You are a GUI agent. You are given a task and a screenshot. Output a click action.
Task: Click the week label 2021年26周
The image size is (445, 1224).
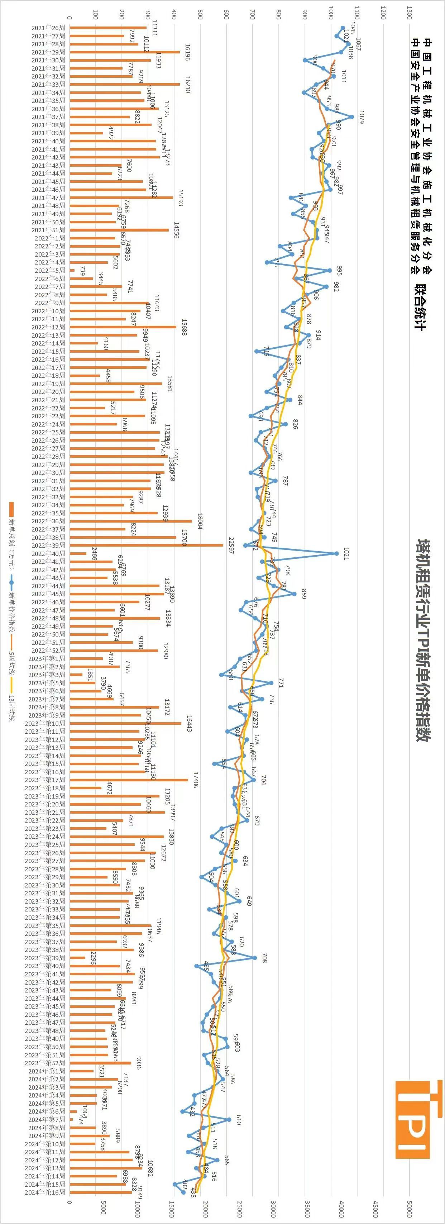(x=48, y=28)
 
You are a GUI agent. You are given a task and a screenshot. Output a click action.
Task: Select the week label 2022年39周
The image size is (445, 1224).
(x=48, y=546)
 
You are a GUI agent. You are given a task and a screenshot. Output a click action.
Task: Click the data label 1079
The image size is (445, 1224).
(x=361, y=117)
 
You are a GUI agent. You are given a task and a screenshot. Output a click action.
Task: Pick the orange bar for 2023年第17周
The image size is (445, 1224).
(x=129, y=780)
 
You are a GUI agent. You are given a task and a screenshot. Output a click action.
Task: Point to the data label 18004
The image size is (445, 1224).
(x=200, y=521)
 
